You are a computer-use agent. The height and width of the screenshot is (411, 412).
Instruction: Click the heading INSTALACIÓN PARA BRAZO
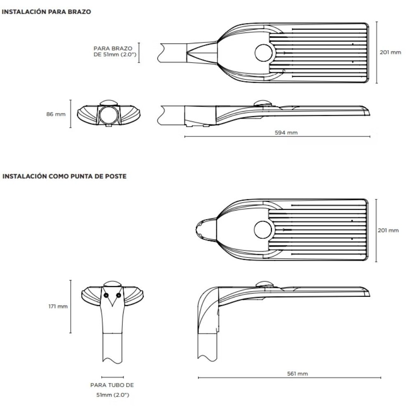pyautogui.click(x=47, y=12)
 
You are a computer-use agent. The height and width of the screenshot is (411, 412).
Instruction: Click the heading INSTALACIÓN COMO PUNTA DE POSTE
pyautogui.click(x=64, y=176)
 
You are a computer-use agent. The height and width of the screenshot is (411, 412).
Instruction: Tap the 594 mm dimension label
pyautogui.click(x=286, y=133)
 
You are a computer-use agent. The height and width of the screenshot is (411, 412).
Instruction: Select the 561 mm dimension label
pyautogui.click(x=297, y=374)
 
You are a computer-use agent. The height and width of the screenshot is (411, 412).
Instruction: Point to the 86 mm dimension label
pyautogui.click(x=56, y=114)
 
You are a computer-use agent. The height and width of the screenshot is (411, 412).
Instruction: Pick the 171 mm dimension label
pyautogui.click(x=58, y=306)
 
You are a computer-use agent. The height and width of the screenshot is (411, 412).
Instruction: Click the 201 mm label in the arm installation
pyautogui.click(x=390, y=52)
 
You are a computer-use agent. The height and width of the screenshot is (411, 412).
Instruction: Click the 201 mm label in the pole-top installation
pyautogui.click(x=388, y=230)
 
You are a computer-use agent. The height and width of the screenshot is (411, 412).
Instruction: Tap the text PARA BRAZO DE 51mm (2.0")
pyautogui.click(x=115, y=51)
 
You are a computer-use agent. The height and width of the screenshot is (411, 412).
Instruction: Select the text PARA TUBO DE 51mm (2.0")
pyautogui.click(x=112, y=390)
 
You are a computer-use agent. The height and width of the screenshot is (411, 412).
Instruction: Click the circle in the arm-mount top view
pyautogui.click(x=264, y=53)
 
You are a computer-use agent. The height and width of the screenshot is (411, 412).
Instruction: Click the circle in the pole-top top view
pyautogui.click(x=263, y=230)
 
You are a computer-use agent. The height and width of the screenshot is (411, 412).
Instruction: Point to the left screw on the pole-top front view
pyautogui.click(x=106, y=295)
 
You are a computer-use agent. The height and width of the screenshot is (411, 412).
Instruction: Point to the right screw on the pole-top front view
pyautogui.click(x=119, y=295)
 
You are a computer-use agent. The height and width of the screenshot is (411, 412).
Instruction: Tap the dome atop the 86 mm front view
pyautogui.click(x=109, y=103)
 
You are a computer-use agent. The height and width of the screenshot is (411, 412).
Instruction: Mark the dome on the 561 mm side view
pyautogui.click(x=265, y=284)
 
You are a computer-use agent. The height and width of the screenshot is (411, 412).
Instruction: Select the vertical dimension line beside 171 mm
pyautogui.click(x=70, y=306)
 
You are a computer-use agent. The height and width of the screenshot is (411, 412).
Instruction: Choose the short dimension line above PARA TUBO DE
pyautogui.click(x=112, y=377)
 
